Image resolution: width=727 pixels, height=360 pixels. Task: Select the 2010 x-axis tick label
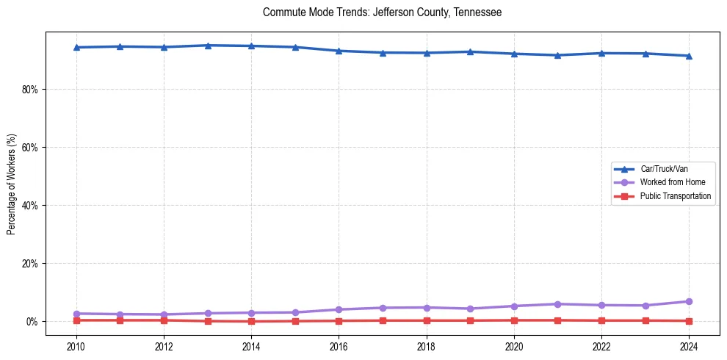(x=76, y=345)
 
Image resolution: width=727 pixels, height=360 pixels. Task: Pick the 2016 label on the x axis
(x=339, y=345)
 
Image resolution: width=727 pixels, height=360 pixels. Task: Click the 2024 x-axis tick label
(x=688, y=345)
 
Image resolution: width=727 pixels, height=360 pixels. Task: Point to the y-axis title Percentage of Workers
(x=11, y=184)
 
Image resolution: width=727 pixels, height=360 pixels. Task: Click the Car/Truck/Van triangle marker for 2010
(x=76, y=47)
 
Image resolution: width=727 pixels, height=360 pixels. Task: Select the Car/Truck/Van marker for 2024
(x=688, y=56)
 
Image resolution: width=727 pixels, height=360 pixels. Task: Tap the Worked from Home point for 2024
(x=688, y=301)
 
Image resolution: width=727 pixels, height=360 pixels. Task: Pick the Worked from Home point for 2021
(x=557, y=304)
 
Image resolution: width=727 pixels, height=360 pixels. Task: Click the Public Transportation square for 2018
(x=426, y=320)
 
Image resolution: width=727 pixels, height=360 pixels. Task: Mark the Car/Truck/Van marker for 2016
(x=339, y=51)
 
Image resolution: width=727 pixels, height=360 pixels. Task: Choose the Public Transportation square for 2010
(x=76, y=320)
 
